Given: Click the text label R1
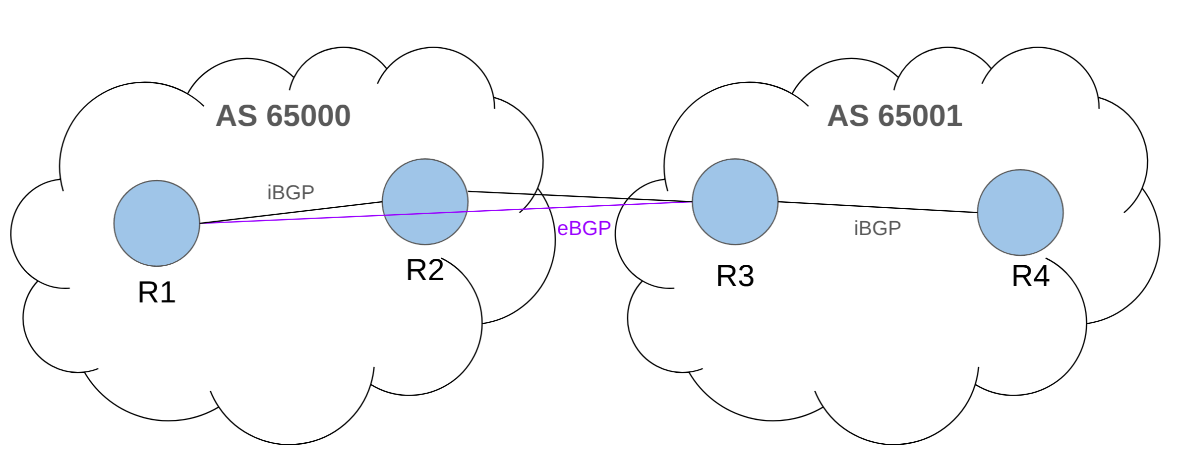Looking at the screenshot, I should click(x=157, y=292).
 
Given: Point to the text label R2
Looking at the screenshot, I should click(x=425, y=270).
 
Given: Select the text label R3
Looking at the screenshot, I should click(x=735, y=276).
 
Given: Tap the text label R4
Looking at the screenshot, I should click(x=1030, y=276).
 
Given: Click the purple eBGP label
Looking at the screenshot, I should click(x=584, y=229).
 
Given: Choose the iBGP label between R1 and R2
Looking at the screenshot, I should click(x=291, y=192).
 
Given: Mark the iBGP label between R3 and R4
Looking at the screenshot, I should click(x=877, y=228).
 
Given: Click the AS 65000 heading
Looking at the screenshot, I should click(x=283, y=116).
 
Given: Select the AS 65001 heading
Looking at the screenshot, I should click(x=894, y=116).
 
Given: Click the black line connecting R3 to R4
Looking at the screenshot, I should click(x=878, y=207).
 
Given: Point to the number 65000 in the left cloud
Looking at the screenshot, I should click(x=308, y=116).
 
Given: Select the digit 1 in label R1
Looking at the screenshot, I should click(x=168, y=292).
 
